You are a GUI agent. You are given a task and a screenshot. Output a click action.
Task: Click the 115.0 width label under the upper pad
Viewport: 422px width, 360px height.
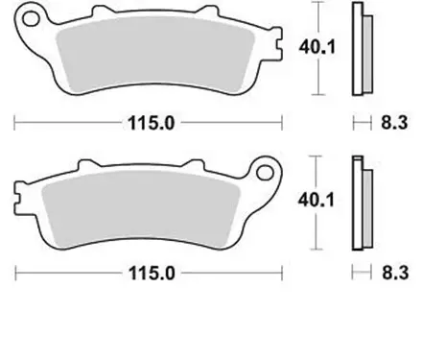click(148, 124)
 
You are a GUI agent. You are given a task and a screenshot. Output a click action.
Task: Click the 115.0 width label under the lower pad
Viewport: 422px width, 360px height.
click(148, 273)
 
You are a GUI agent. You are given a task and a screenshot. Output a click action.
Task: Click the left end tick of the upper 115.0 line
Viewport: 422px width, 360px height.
click(14, 124)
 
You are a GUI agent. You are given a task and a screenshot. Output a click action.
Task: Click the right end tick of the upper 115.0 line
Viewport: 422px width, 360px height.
click(282, 124)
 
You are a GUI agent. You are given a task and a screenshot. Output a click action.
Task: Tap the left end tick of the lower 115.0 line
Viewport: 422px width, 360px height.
click(14, 273)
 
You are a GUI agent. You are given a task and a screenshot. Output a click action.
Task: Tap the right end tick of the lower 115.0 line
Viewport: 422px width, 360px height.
click(282, 273)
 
